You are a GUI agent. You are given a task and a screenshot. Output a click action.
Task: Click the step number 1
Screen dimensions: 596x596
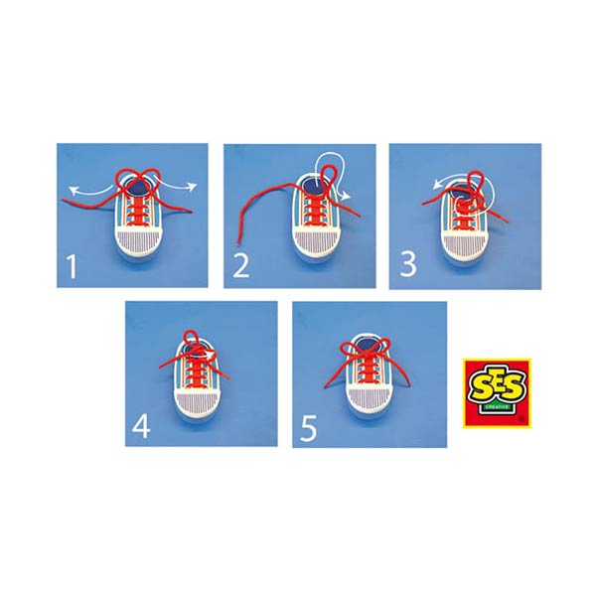pyautogui.click(x=72, y=267)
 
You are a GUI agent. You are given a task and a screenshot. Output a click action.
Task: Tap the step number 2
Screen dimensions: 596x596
pyautogui.click(x=241, y=266)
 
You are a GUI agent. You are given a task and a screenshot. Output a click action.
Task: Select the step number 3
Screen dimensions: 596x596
pyautogui.click(x=408, y=264)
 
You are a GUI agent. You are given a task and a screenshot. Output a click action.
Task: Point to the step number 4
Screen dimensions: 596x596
pyautogui.click(x=141, y=426)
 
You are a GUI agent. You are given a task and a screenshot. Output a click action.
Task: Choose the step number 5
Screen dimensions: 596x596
pyautogui.click(x=308, y=428)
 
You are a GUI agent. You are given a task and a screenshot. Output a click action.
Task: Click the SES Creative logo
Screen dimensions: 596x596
pyautogui.click(x=497, y=393)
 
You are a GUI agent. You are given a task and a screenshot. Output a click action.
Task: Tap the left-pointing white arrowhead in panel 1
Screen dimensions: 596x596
pyautogui.click(x=73, y=191)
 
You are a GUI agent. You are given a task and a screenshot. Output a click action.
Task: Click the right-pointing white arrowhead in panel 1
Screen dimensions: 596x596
pyautogui.click(x=193, y=187)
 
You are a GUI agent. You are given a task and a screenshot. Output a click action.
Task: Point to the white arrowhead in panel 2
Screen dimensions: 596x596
pyautogui.click(x=346, y=196)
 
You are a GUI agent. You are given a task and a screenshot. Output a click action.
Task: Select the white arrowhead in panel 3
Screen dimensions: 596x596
pyautogui.click(x=437, y=185)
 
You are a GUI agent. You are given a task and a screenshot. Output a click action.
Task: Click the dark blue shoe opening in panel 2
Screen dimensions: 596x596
pyautogui.click(x=315, y=186)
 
